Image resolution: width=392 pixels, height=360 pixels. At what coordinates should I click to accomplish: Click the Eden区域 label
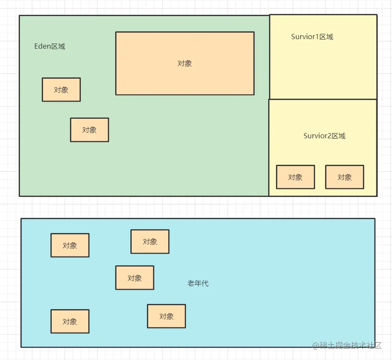click(50, 47)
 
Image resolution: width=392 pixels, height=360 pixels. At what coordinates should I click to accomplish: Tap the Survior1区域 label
click(312, 37)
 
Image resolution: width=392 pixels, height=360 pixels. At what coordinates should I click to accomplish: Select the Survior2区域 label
click(324, 136)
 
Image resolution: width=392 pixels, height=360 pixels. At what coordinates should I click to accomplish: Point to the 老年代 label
click(198, 283)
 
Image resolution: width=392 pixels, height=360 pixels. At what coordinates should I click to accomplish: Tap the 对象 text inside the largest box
click(185, 63)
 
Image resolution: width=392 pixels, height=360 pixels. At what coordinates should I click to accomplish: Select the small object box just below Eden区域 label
click(61, 90)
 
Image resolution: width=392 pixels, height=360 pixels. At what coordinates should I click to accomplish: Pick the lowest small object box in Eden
click(90, 130)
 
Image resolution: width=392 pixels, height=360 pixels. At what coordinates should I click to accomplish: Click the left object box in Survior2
click(296, 177)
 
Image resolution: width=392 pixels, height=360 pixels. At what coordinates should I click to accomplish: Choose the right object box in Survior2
click(345, 177)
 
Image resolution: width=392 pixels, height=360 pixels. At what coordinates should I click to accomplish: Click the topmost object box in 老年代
click(150, 242)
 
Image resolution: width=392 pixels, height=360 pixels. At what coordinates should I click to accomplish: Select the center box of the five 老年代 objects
click(135, 278)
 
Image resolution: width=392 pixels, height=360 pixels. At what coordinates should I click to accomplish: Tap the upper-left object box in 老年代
click(70, 245)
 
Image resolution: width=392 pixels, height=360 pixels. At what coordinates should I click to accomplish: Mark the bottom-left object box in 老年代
click(70, 321)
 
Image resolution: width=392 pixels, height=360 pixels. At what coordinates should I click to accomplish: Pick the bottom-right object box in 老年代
click(166, 316)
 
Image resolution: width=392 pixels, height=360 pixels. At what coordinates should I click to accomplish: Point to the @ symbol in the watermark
click(316, 346)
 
